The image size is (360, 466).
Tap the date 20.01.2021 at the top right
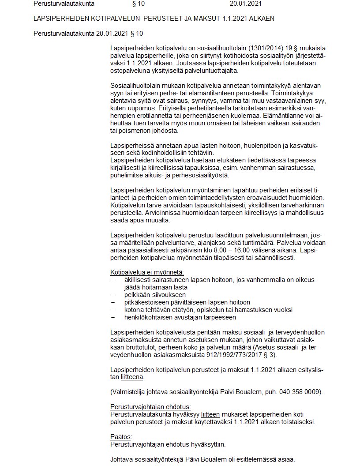click(246, 4)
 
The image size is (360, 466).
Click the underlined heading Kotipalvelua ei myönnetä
click(147, 272)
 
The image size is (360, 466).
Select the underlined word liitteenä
click(132, 377)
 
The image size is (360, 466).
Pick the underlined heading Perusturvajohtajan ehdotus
click(150, 407)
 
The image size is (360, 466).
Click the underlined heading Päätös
click(118, 437)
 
